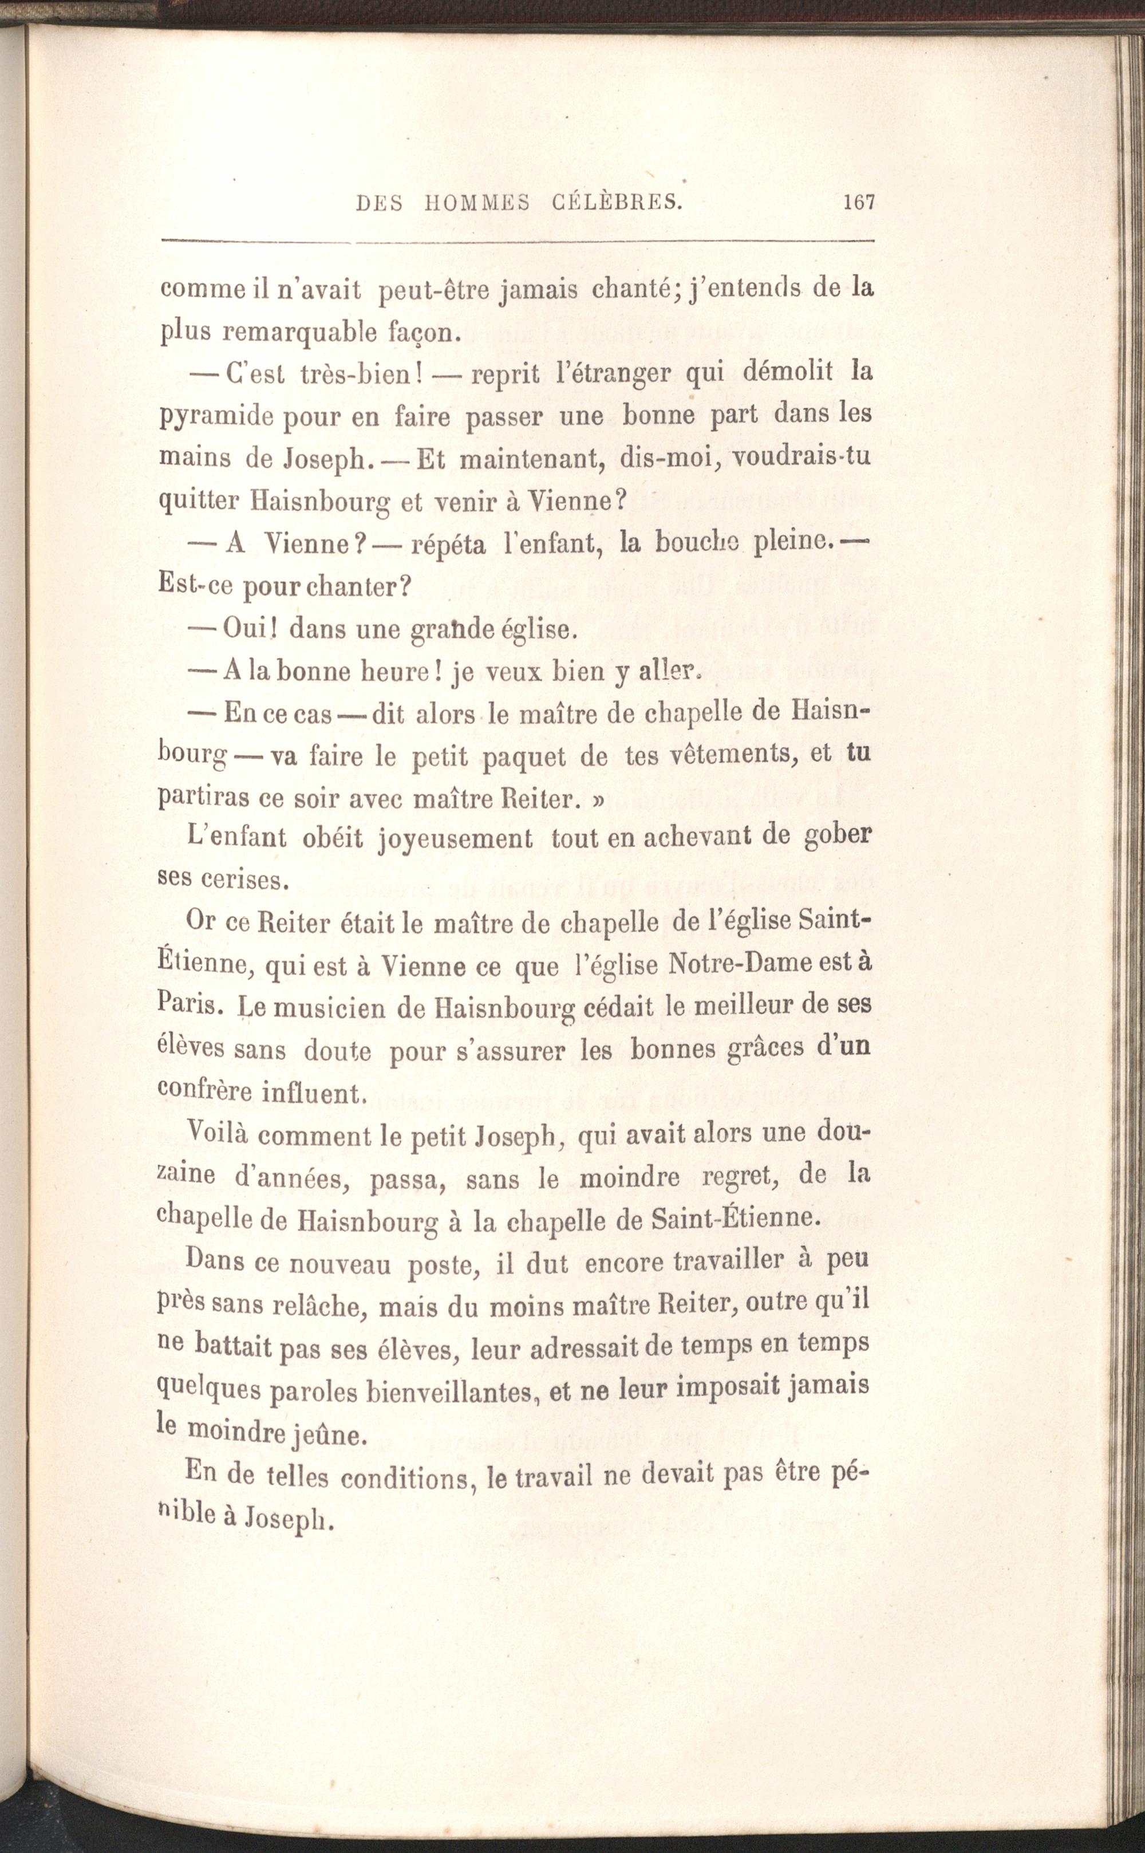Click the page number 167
click(x=858, y=202)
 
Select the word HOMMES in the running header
click(x=476, y=203)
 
